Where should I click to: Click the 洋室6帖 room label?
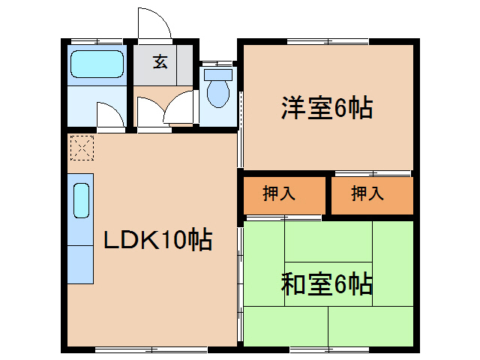tap(327, 109)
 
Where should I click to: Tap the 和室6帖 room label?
tap(327, 285)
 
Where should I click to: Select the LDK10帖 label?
tap(157, 240)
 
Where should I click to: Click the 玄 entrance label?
tap(160, 62)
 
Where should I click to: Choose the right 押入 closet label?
tap(367, 193)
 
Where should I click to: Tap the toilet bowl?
tap(218, 94)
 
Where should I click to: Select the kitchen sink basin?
tap(81, 201)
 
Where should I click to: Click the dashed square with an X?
tap(81, 148)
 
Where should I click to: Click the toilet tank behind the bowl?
tap(219, 74)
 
